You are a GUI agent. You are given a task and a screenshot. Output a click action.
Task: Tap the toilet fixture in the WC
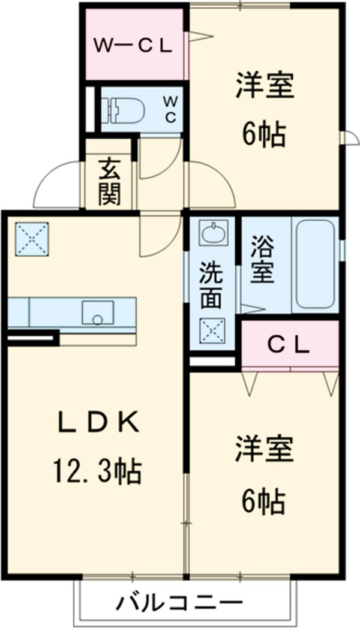click(123, 110)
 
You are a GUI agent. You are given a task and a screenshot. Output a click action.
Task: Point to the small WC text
click(170, 110)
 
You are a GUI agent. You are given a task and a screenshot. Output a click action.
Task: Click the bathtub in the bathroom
click(315, 264)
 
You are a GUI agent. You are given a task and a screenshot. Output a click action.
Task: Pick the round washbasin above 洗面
click(213, 233)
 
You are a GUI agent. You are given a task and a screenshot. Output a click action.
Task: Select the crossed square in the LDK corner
click(31, 238)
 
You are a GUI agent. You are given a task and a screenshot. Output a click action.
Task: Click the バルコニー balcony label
click(180, 602)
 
